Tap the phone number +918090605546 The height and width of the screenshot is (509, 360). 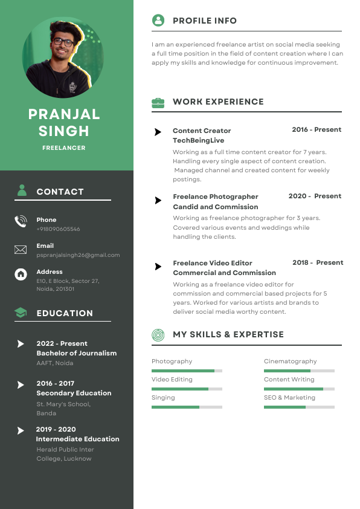(x=58, y=229)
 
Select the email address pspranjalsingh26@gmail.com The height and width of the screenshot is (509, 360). (x=78, y=255)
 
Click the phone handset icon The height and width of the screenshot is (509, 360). (x=21, y=221)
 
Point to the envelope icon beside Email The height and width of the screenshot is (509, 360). (x=21, y=250)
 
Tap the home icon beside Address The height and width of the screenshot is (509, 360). (x=21, y=274)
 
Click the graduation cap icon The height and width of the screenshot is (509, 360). (x=21, y=313)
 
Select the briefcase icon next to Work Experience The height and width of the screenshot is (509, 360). (x=158, y=102)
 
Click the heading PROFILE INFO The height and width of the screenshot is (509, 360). (x=205, y=21)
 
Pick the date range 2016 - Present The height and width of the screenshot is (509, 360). (x=317, y=129)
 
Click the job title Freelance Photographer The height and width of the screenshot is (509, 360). (x=215, y=196)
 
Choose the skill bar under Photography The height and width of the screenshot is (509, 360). (x=187, y=371)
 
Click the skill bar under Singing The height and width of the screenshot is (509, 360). (x=187, y=407)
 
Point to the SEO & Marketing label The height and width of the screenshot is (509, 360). (x=289, y=398)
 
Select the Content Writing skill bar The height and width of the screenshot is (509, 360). (x=299, y=389)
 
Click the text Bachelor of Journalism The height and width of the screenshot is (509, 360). (x=76, y=353)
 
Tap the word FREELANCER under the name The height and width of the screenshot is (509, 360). (x=63, y=148)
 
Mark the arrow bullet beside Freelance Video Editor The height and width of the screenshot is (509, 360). (x=158, y=267)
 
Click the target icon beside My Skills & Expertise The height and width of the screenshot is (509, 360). (x=158, y=334)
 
